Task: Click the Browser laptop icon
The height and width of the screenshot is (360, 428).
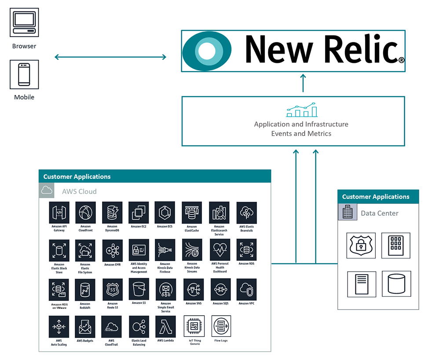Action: (x=24, y=22)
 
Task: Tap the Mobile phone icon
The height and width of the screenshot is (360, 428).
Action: (x=24, y=75)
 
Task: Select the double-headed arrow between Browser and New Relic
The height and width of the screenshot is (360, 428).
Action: (x=110, y=57)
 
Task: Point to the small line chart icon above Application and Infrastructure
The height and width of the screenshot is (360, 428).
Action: (x=301, y=110)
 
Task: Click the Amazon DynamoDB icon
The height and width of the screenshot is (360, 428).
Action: (x=112, y=213)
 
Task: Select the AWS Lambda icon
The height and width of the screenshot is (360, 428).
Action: (x=165, y=326)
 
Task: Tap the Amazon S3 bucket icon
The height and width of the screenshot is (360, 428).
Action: (x=139, y=289)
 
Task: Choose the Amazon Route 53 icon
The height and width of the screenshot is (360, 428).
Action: (x=112, y=289)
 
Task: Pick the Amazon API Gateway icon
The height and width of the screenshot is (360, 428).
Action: (x=59, y=213)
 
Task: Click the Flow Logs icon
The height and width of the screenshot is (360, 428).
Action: (x=221, y=326)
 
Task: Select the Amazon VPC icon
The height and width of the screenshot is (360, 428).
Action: (x=246, y=289)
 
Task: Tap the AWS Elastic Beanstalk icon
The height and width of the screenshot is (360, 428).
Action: (x=246, y=213)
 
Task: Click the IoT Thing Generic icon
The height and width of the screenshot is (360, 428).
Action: (x=194, y=326)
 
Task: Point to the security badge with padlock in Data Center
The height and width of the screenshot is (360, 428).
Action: (x=361, y=245)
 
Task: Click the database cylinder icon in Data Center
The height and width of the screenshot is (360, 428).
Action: (x=396, y=284)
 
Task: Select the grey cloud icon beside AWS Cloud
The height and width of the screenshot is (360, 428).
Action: (x=47, y=190)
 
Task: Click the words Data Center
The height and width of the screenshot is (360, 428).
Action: (x=379, y=213)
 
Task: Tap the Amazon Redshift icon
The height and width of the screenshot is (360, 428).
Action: (x=85, y=289)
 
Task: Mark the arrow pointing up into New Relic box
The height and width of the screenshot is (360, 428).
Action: (x=303, y=83)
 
